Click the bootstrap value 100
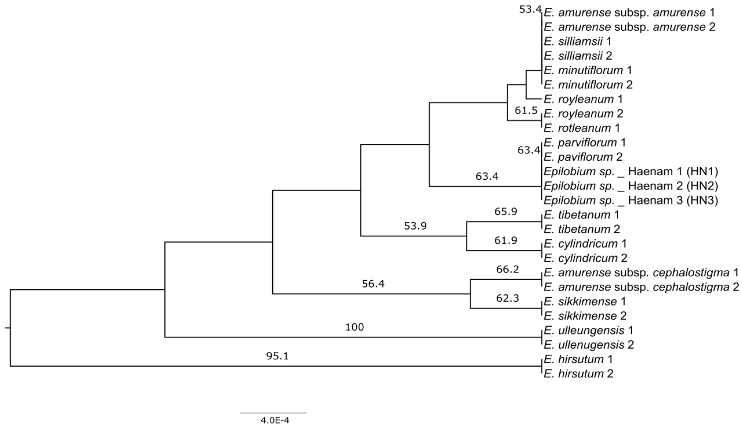click(354, 327)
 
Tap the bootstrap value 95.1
click(277, 356)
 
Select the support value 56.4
click(373, 284)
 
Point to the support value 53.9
click(416, 225)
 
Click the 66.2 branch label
click(507, 269)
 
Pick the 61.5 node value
click(526, 110)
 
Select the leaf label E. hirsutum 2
click(579, 373)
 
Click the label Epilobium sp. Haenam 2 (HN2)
click(631, 186)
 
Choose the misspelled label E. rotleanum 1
click(582, 128)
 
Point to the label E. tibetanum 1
click(582, 215)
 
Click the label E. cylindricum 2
click(585, 258)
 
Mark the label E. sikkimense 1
click(585, 302)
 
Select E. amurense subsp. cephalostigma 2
click(641, 287)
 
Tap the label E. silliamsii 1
click(578, 41)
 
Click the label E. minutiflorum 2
click(588, 85)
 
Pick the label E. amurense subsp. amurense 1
click(630, 12)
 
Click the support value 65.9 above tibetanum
click(506, 211)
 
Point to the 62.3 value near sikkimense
click(507, 298)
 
